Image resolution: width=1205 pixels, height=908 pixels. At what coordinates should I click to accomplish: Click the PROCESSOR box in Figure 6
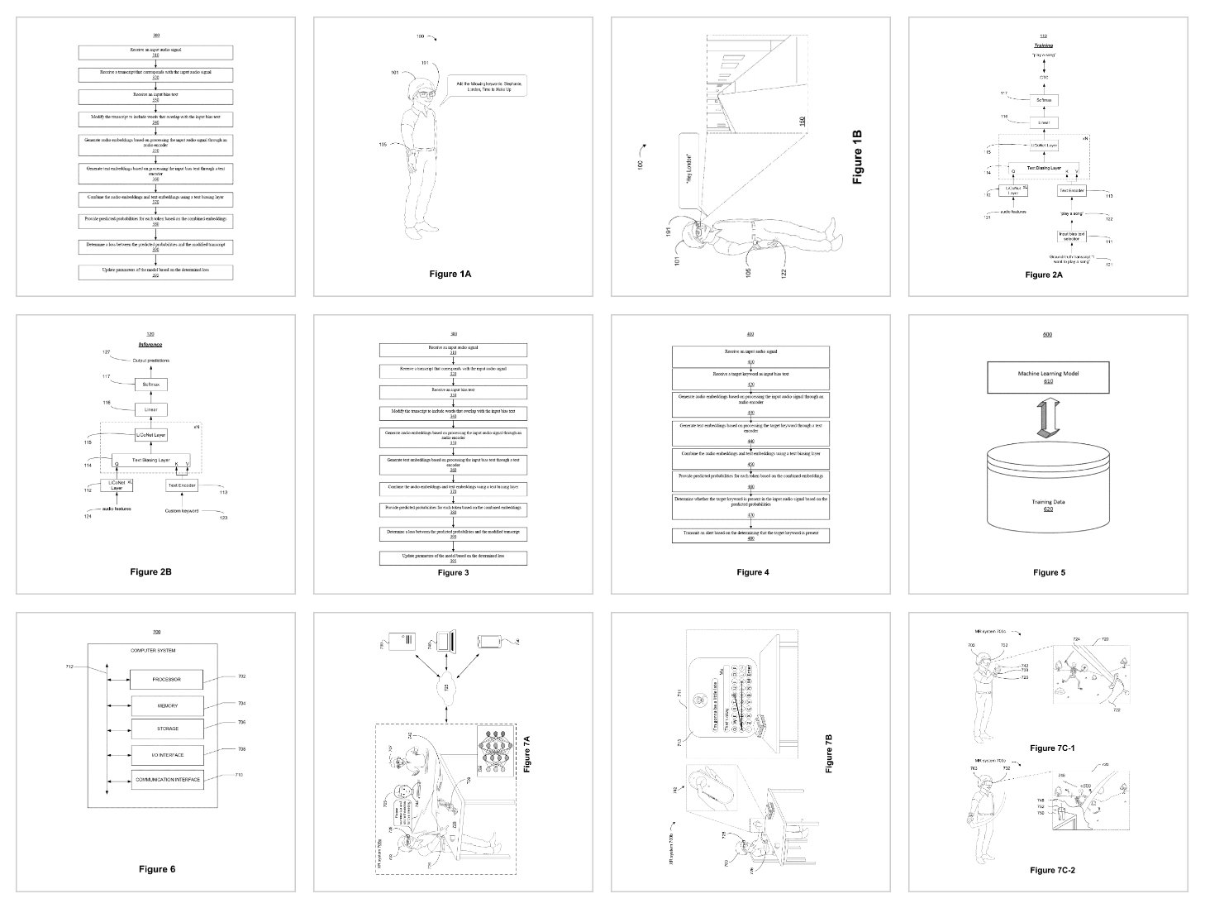coord(167,680)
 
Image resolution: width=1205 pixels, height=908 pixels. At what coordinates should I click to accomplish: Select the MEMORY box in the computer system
coord(167,706)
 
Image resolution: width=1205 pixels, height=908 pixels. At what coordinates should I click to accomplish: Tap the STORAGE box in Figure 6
coord(167,729)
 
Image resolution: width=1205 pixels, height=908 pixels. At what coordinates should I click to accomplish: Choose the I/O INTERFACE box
coord(167,754)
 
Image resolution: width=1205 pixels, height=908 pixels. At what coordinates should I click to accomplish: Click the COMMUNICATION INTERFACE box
coord(167,780)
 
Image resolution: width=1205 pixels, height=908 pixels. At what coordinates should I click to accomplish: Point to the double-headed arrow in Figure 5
coord(1047,418)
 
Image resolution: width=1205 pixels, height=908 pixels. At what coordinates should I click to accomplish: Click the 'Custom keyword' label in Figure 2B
coord(181,510)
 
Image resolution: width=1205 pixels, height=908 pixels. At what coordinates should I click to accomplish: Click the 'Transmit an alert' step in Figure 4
coord(750,535)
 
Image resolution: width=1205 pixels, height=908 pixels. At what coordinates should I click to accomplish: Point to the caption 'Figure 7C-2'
coord(1052,870)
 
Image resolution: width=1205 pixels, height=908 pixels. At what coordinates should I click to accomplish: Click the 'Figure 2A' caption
coord(1044,275)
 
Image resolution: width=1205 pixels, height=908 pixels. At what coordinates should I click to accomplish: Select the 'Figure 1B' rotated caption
coord(857,156)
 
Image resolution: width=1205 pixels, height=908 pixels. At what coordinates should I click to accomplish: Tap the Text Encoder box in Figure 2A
coord(1072,190)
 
